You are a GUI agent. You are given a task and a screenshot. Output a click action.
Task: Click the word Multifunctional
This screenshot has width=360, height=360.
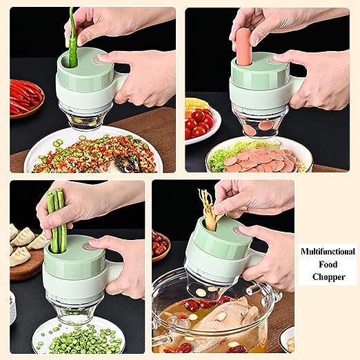[328, 252]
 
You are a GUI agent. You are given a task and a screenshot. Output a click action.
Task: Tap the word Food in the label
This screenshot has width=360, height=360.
[328, 264]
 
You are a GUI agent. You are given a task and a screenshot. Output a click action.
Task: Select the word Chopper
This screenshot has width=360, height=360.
[329, 277]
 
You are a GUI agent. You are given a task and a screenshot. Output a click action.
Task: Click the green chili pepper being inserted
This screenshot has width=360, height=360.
[72, 38]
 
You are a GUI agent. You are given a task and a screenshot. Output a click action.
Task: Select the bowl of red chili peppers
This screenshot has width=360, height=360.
[26, 99]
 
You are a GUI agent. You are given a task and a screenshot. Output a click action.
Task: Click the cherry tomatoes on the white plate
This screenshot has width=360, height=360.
[199, 123]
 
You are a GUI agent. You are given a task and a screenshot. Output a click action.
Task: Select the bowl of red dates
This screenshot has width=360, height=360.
[161, 246]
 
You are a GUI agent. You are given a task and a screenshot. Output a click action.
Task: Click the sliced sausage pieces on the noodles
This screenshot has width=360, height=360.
[261, 160]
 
